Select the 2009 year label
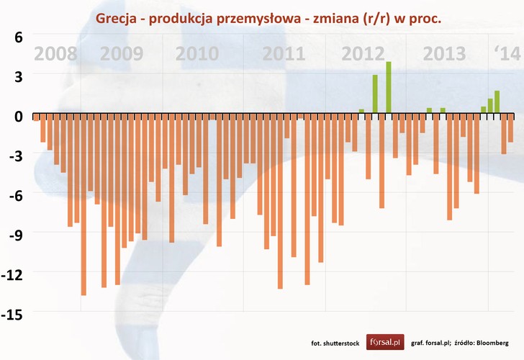tap(122, 54)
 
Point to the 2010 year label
tap(197, 54)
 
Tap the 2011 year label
tap(284, 54)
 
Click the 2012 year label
tap(363, 54)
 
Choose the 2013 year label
tap(444, 54)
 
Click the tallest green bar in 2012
tap(389, 88)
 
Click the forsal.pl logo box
tap(386, 343)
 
